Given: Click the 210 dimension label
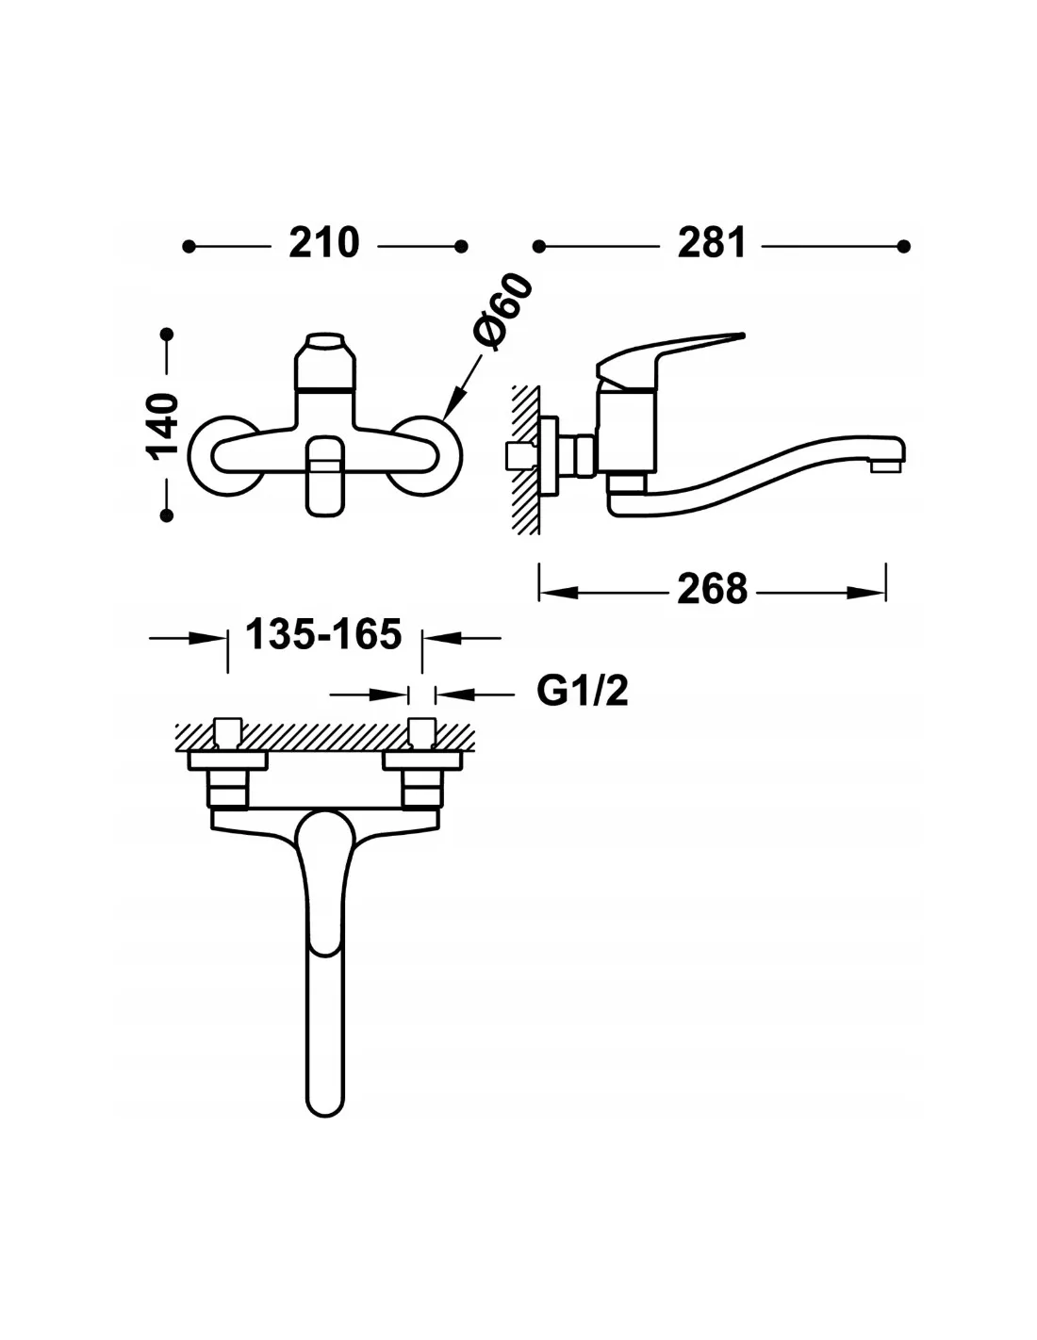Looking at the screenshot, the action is pyautogui.click(x=323, y=243).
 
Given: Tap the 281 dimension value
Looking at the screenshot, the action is pyautogui.click(x=711, y=243).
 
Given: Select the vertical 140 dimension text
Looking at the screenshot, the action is pyautogui.click(x=161, y=427).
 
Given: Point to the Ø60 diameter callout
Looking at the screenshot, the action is pyautogui.click(x=502, y=312).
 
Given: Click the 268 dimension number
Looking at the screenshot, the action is pyautogui.click(x=712, y=589).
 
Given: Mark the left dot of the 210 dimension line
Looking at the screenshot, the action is pyautogui.click(x=189, y=247).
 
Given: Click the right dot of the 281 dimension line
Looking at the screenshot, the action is pyautogui.click(x=904, y=247).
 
